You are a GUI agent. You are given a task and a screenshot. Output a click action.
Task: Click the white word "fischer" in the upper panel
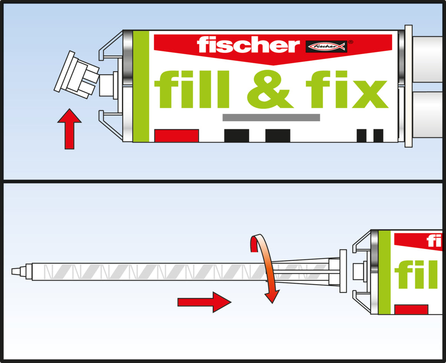[248, 45]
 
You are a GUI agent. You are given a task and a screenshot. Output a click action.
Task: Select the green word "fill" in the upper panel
[192, 89]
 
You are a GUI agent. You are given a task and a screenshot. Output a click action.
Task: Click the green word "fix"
[347, 89]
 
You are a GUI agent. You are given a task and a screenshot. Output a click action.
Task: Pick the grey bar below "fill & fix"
[271, 117]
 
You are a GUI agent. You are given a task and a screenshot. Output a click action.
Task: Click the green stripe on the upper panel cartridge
[141, 86]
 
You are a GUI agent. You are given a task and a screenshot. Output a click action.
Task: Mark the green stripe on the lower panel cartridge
[385, 272]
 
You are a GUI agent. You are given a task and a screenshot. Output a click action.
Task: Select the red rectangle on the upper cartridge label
[176, 136]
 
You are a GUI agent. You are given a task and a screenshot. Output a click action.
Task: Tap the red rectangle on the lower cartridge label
[411, 309]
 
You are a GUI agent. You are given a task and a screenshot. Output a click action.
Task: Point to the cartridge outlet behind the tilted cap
[107, 85]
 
